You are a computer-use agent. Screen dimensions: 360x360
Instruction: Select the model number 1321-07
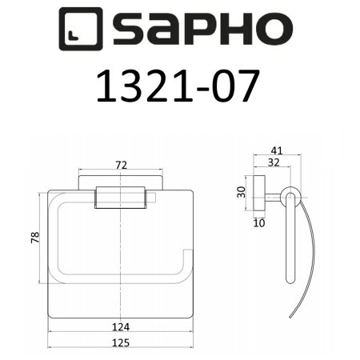coord(180,87)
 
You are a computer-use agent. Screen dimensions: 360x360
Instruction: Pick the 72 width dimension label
coord(122,164)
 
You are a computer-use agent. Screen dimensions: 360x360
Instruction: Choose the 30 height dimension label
coord(240,193)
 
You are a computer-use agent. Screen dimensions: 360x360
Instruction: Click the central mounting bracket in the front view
coord(121,197)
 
